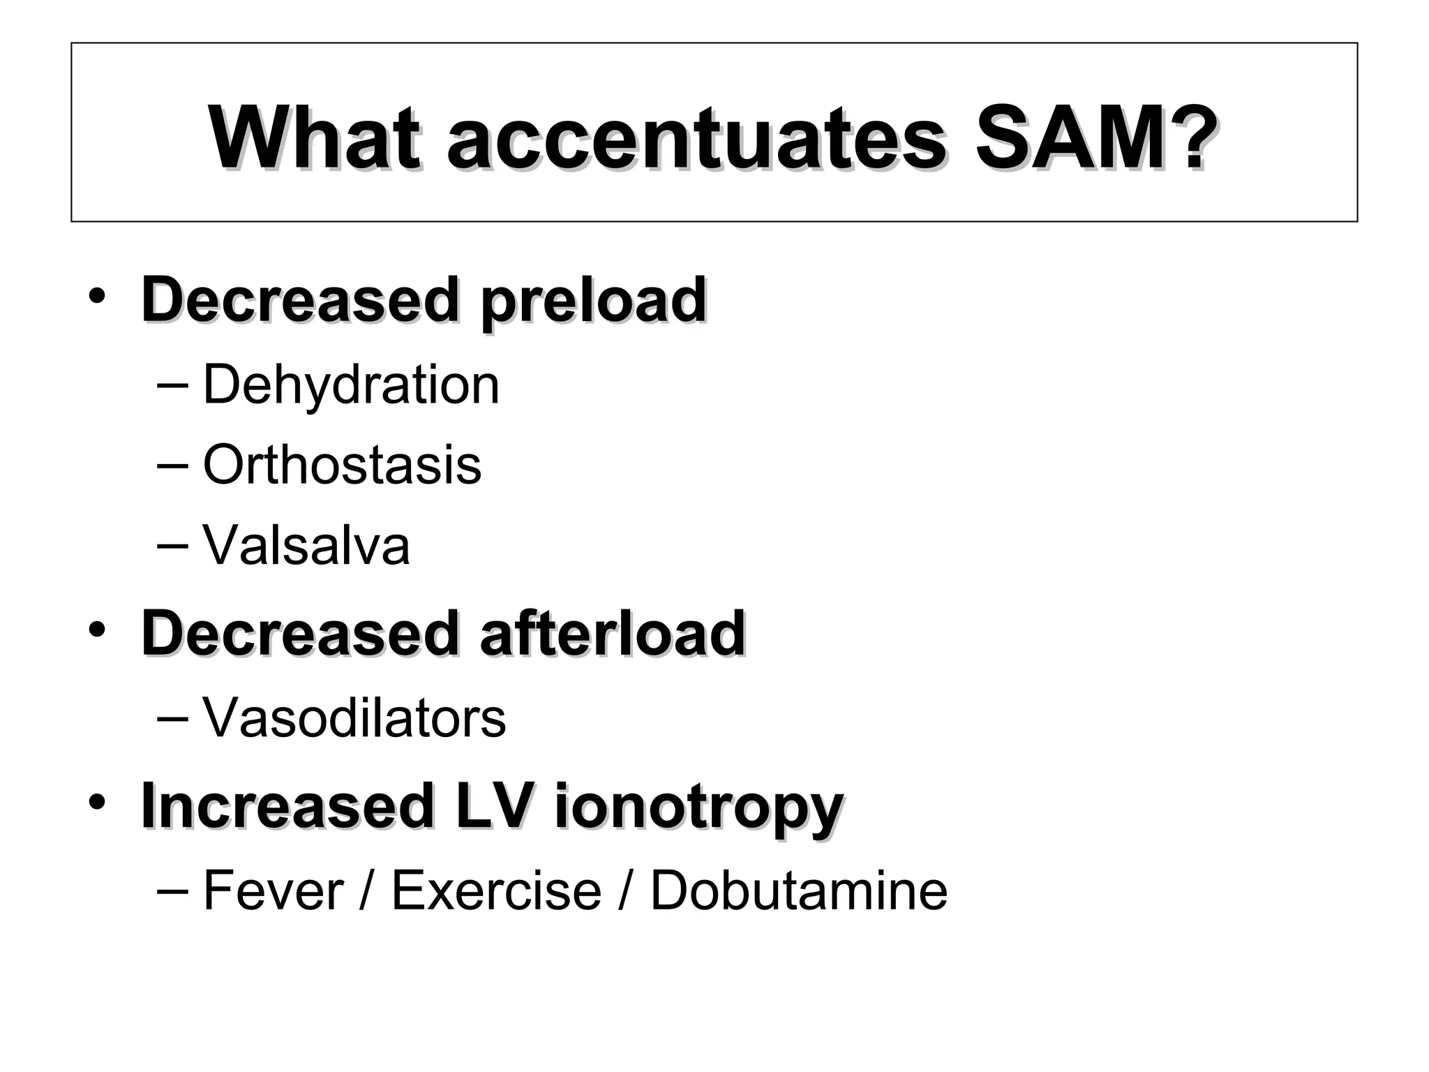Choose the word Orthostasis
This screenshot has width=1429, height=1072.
(x=342, y=465)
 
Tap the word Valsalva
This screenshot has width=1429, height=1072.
(x=306, y=545)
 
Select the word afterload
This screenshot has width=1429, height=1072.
(x=613, y=634)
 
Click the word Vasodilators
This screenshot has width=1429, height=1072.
(x=354, y=718)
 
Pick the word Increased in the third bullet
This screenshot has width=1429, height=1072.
(x=286, y=806)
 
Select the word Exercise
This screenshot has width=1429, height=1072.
(x=496, y=891)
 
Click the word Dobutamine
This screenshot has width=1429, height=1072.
(x=799, y=891)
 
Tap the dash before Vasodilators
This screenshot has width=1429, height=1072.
(x=172, y=718)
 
